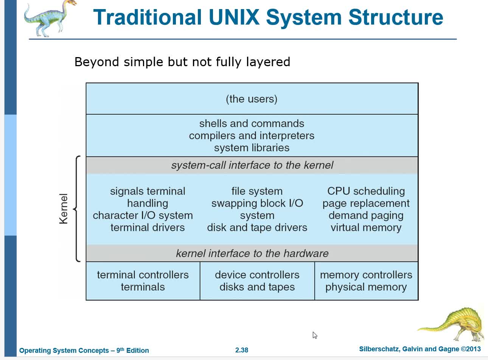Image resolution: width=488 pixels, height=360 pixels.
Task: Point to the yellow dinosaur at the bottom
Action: (x=454, y=324)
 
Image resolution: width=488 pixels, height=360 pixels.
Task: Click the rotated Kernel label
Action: (x=64, y=209)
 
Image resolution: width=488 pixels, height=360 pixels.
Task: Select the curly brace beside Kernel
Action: (x=77, y=209)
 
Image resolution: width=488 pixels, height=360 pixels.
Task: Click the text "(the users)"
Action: (x=252, y=99)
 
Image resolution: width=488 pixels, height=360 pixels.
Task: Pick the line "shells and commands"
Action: (x=252, y=124)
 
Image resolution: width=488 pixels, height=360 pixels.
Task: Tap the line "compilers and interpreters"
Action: (x=252, y=136)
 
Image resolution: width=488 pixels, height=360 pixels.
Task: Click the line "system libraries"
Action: (x=252, y=148)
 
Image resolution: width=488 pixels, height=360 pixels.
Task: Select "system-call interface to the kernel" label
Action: (x=252, y=165)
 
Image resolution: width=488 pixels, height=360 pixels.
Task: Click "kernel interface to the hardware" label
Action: (x=252, y=253)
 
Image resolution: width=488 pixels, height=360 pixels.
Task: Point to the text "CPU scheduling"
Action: (x=366, y=191)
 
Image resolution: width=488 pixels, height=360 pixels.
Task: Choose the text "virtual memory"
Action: (x=366, y=228)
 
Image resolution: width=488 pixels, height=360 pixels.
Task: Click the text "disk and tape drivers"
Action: (x=257, y=228)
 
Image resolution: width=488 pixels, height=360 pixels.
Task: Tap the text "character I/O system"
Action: (x=143, y=216)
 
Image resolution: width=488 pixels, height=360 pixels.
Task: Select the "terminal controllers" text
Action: (x=143, y=275)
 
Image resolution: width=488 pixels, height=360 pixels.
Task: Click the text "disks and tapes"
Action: (x=257, y=287)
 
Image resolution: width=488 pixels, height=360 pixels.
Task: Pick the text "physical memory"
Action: (x=366, y=287)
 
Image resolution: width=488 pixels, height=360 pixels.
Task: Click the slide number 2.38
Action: (x=242, y=350)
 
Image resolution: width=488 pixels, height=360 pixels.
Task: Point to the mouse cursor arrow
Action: (x=315, y=335)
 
